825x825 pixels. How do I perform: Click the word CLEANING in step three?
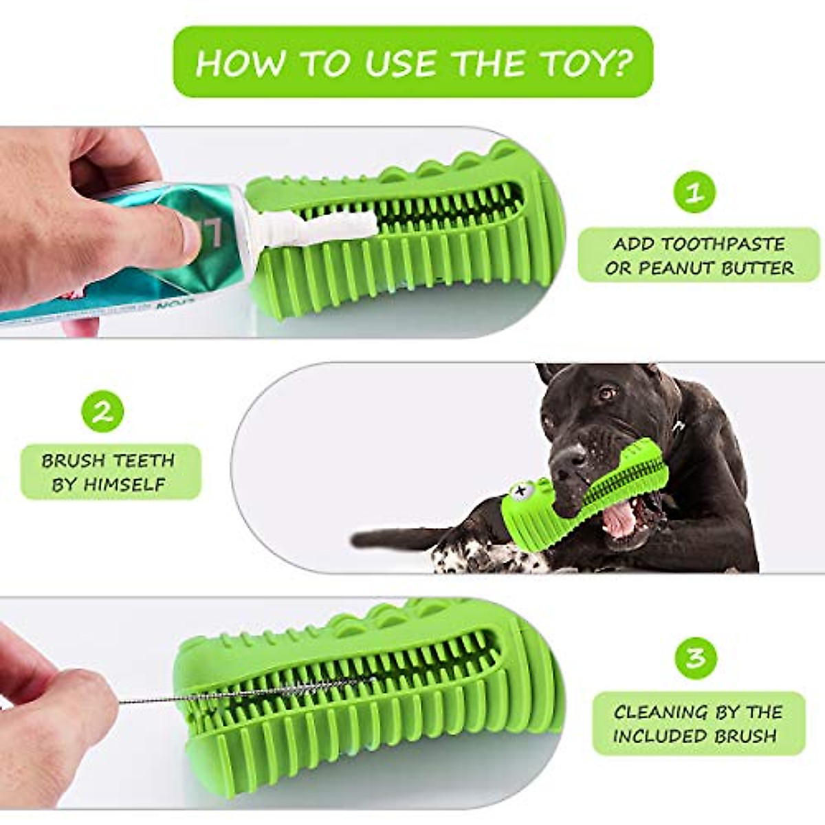point(660,712)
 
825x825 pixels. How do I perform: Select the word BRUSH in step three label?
point(746,736)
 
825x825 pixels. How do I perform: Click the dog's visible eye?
point(606,393)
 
